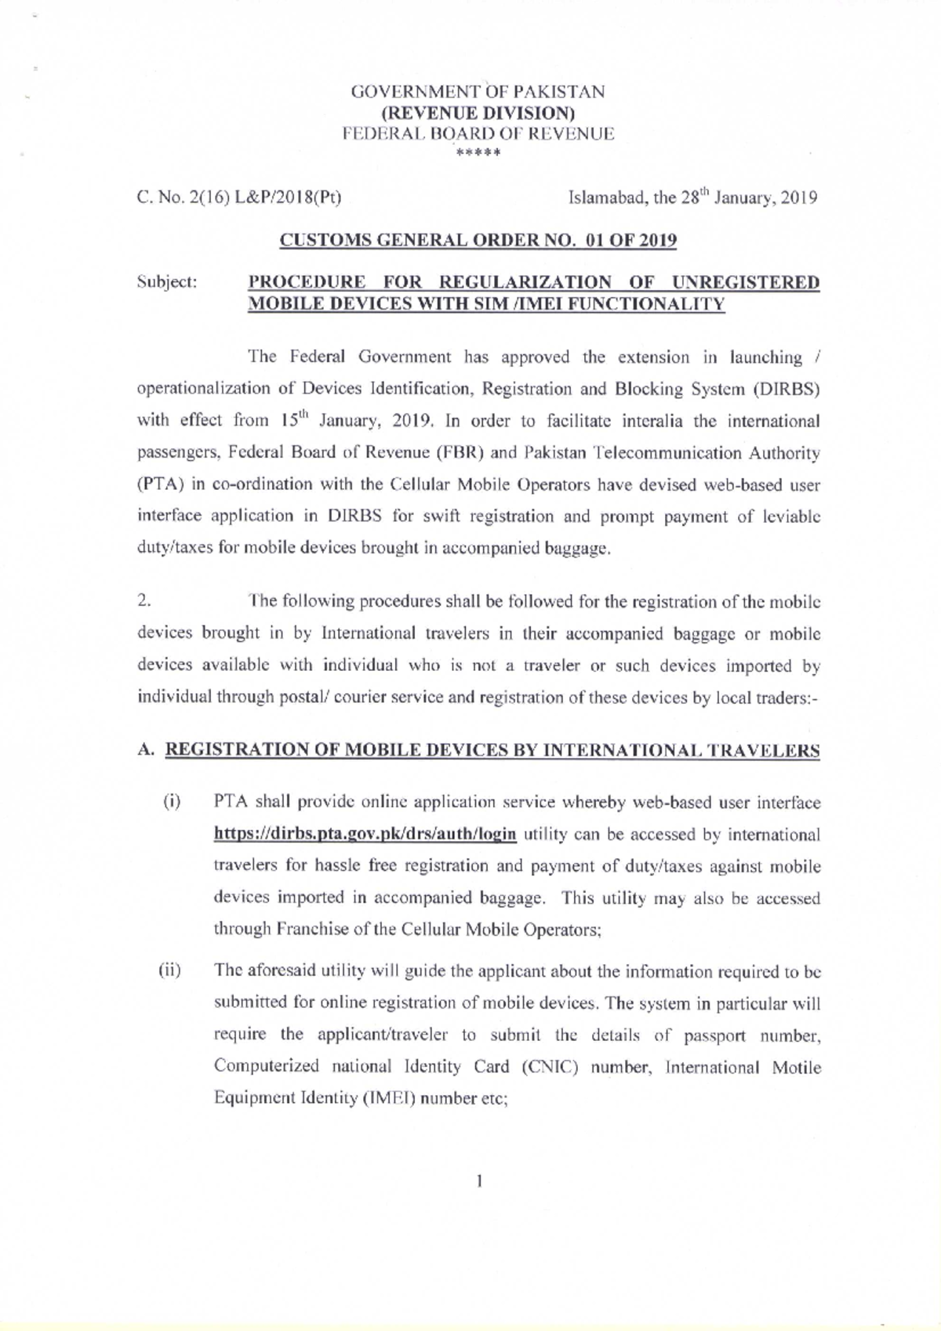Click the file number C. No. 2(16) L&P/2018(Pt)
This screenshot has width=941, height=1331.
tap(239, 197)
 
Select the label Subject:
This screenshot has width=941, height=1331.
tap(166, 282)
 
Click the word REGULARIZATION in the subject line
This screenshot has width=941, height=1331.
tap(525, 282)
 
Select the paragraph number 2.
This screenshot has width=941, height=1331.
tap(143, 601)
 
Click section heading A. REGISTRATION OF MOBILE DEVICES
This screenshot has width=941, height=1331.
tap(478, 750)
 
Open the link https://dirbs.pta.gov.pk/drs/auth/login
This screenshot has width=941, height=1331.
tap(365, 833)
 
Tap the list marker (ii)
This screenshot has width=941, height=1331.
tap(170, 971)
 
